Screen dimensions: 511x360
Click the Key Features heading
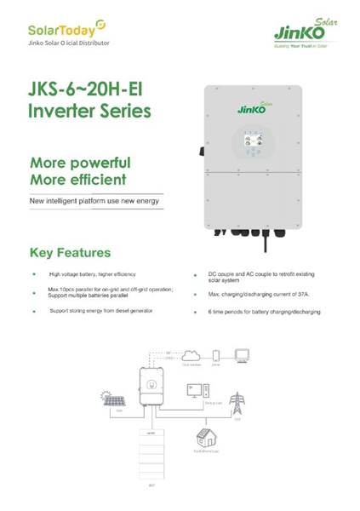(70, 253)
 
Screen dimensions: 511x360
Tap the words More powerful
(80, 162)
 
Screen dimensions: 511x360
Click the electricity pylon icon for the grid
(237, 400)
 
